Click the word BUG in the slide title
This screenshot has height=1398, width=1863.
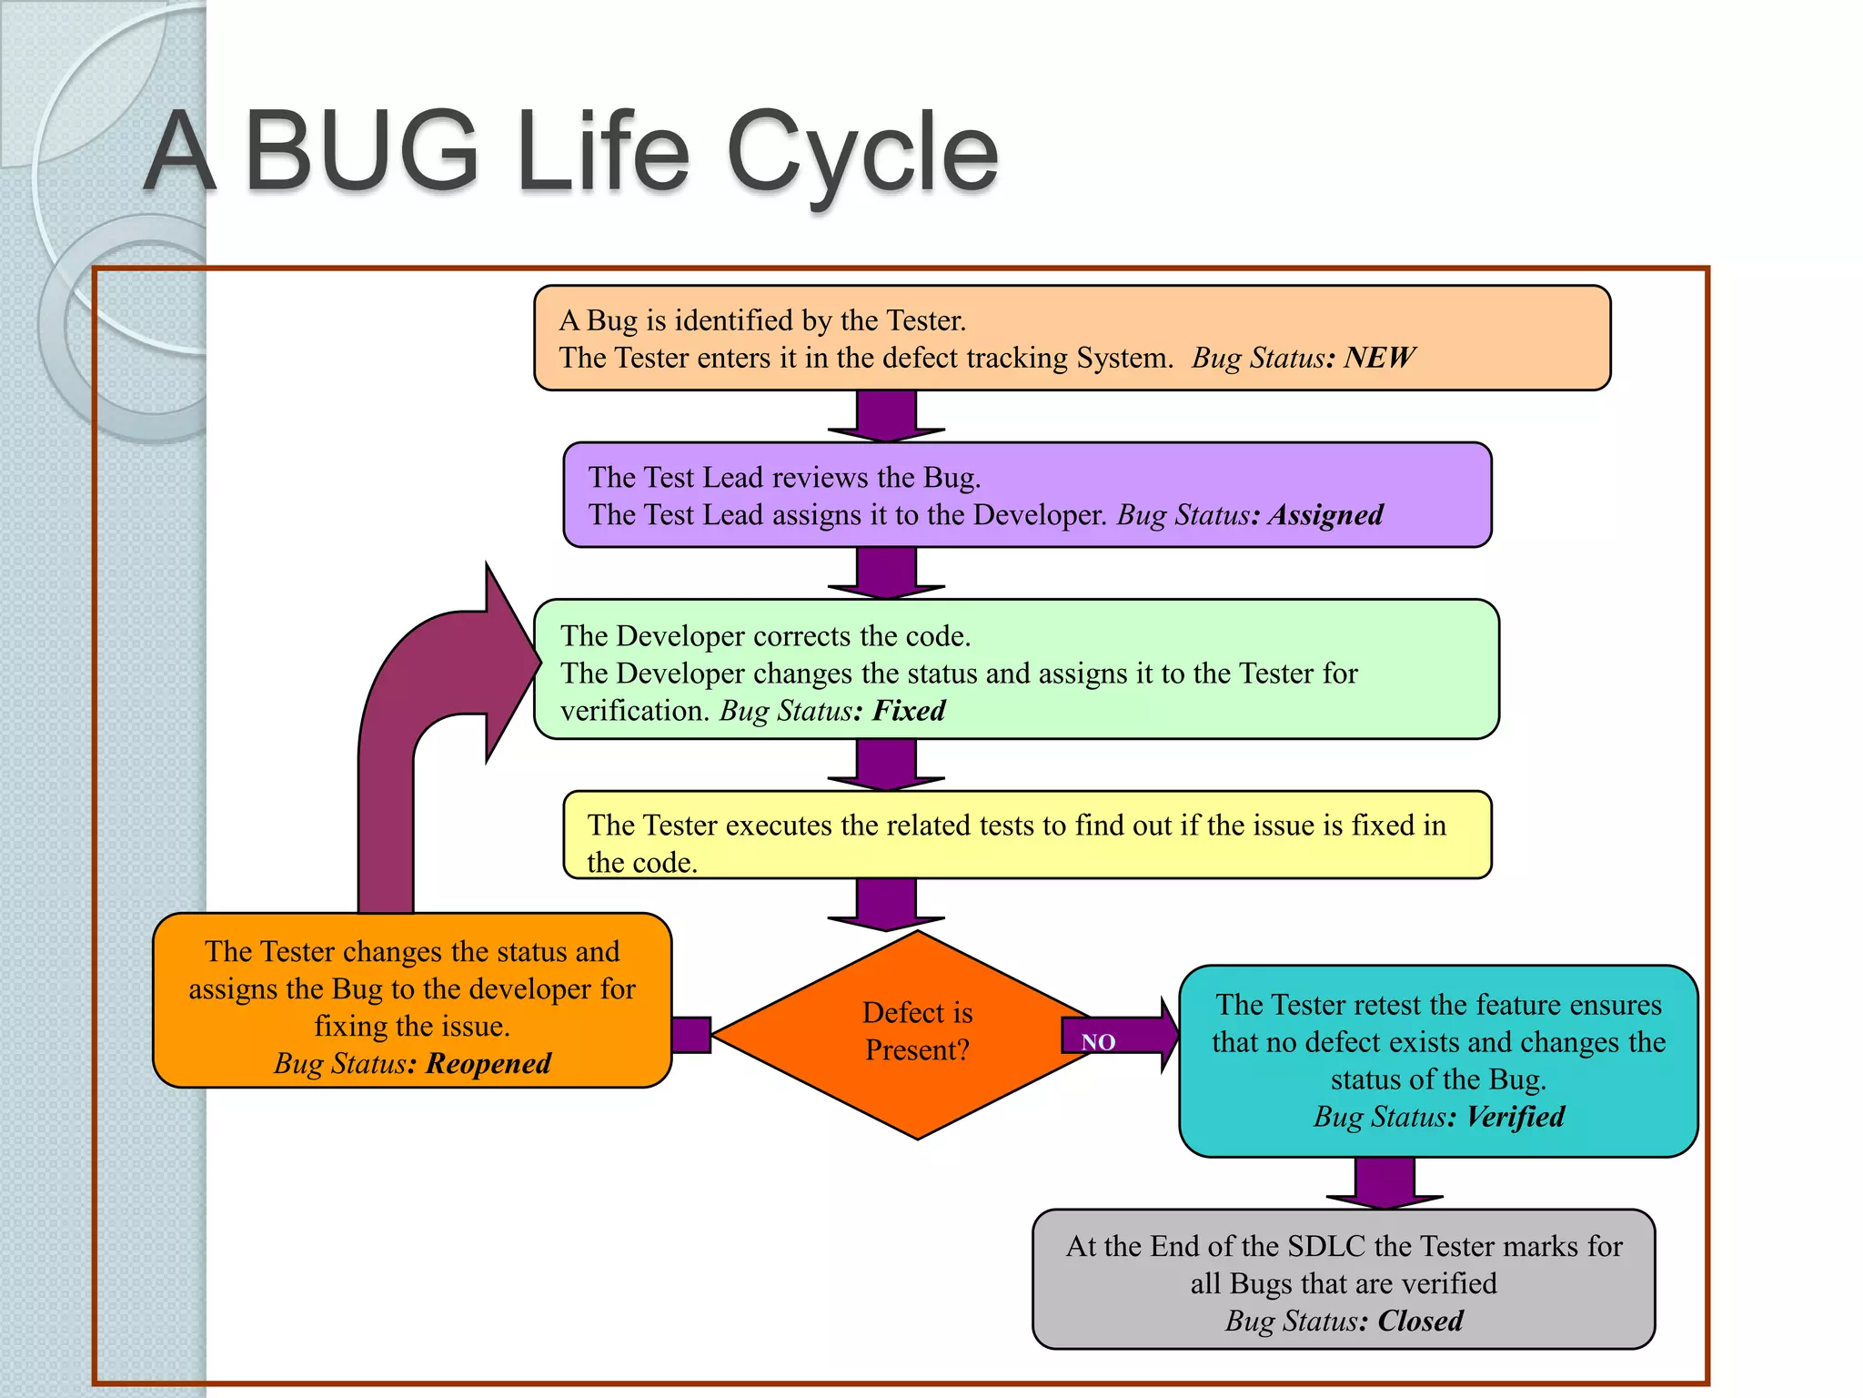pyautogui.click(x=362, y=152)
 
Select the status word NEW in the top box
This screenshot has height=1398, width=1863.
pyautogui.click(x=1379, y=358)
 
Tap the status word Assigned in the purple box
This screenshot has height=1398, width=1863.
pyautogui.click(x=1326, y=515)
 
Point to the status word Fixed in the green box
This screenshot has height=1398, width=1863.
pyautogui.click(x=909, y=711)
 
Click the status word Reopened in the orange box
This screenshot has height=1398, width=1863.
pyautogui.click(x=488, y=1063)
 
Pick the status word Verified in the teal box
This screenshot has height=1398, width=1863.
pyautogui.click(x=1516, y=1117)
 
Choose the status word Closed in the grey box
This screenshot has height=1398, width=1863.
pyautogui.click(x=1420, y=1321)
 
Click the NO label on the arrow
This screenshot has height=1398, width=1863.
pyautogui.click(x=1098, y=1042)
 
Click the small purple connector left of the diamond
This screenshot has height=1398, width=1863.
pyautogui.click(x=691, y=1035)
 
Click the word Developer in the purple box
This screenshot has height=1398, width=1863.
pyautogui.click(x=1038, y=515)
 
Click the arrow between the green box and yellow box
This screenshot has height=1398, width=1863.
pyautogui.click(x=886, y=765)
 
